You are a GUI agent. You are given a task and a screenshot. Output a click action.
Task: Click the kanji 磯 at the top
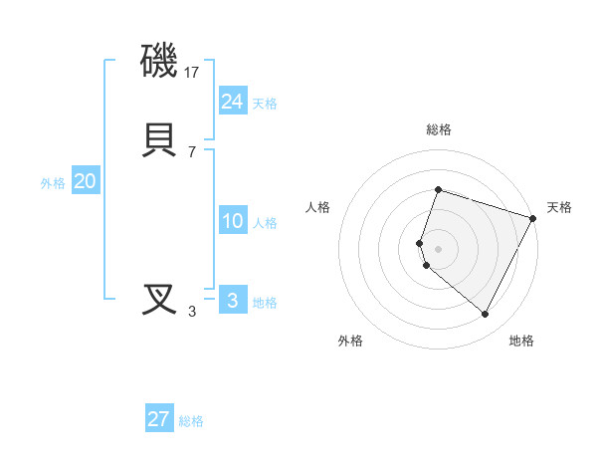point(160,61)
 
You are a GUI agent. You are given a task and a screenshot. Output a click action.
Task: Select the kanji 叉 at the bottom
point(160,300)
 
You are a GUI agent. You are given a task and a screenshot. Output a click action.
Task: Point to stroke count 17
point(193,73)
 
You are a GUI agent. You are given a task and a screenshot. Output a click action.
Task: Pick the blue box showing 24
point(232,102)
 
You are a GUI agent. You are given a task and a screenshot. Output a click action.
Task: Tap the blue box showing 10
point(232,221)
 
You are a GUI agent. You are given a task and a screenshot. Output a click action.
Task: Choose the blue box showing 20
point(86,181)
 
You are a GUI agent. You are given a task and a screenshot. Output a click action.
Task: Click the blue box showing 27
point(159,418)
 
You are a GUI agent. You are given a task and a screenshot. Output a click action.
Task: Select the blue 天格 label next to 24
point(265,104)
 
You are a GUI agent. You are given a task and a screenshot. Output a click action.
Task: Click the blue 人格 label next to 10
point(265,223)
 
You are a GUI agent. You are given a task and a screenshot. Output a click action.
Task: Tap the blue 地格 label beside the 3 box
point(265,303)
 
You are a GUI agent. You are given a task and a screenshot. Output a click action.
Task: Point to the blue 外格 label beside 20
point(53,183)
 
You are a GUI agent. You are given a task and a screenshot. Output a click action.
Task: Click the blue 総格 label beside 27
point(191,420)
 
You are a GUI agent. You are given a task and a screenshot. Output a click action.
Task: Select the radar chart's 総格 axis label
point(438,129)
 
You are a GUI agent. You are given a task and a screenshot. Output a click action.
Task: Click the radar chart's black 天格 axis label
point(560,207)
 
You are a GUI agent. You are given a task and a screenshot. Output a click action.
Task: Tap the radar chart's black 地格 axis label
point(521,341)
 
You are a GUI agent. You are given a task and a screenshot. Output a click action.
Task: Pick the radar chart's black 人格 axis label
point(317,207)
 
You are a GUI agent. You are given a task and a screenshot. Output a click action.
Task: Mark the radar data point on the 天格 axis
point(532,218)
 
